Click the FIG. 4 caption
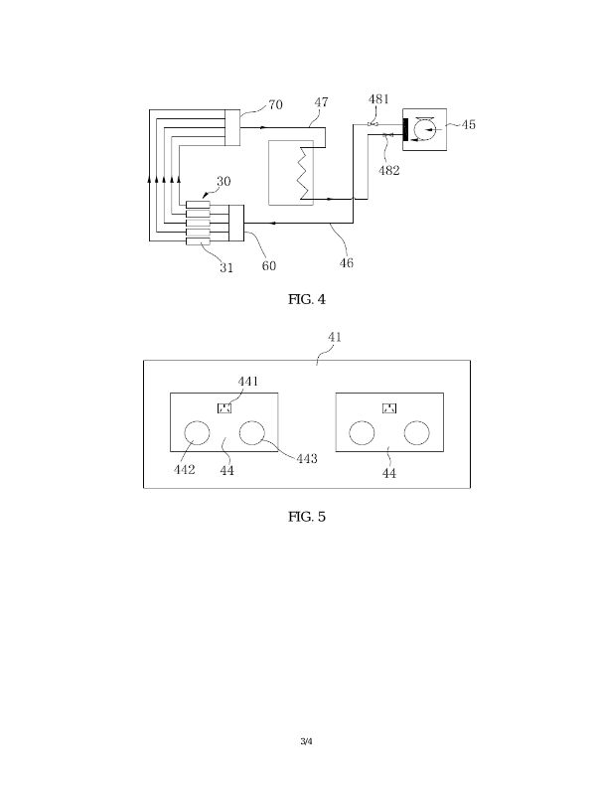pos(305,299)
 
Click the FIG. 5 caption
pos(306,517)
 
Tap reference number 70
pos(275,104)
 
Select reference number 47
pos(321,102)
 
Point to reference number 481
pos(378,99)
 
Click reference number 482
pos(390,171)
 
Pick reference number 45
pos(468,124)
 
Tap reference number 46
pos(346,263)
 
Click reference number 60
pos(269,265)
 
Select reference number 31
pos(226,267)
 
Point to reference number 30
pos(223,182)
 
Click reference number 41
pos(335,338)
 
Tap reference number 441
pos(247,381)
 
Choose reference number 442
pos(184,469)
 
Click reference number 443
pos(307,458)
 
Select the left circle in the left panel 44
pos(197,433)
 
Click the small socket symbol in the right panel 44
pos(390,407)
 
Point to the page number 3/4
pos(306,741)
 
